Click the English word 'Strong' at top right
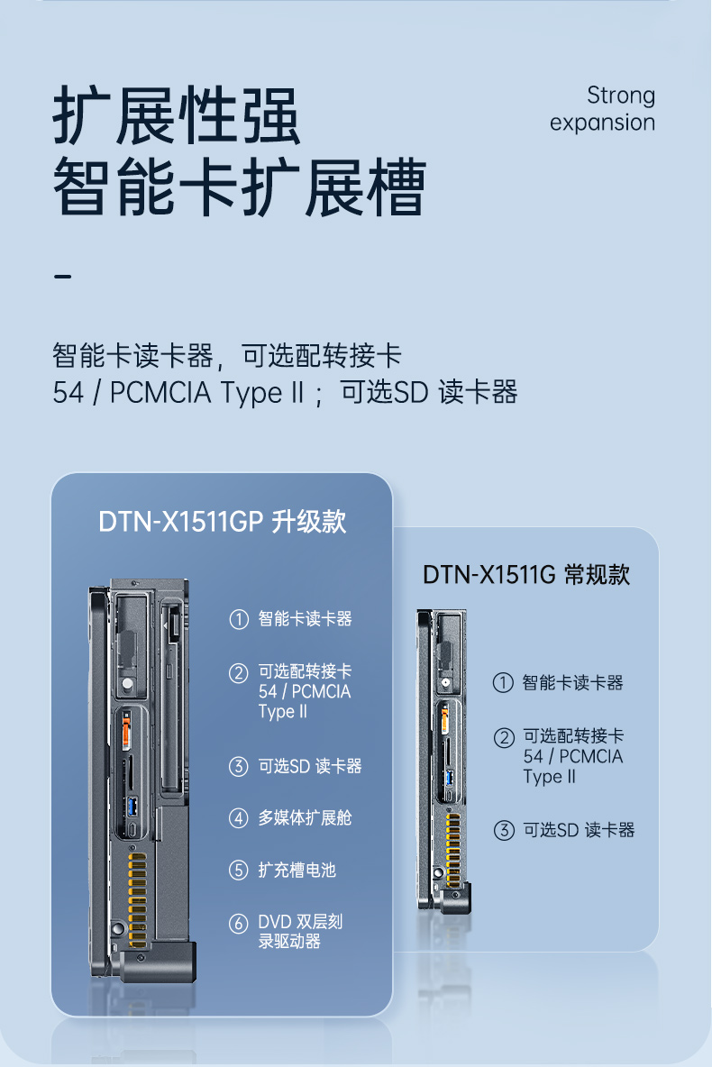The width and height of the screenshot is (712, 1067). [620, 95]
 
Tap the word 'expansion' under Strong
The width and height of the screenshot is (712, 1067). [602, 123]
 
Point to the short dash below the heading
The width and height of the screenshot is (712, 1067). [62, 275]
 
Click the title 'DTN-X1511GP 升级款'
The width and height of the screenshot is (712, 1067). [222, 523]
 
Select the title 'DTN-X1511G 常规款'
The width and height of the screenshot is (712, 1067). [526, 575]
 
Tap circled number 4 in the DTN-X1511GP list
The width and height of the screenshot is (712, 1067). [238, 818]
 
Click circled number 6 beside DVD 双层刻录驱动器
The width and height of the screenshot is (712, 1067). [238, 923]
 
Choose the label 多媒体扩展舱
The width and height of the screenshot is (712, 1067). [305, 818]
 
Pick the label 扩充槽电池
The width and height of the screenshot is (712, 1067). [297, 871]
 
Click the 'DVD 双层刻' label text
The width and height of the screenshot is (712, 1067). [300, 922]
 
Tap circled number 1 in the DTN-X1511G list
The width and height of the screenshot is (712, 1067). [503, 683]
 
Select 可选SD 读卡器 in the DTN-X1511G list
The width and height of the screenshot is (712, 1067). [579, 830]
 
